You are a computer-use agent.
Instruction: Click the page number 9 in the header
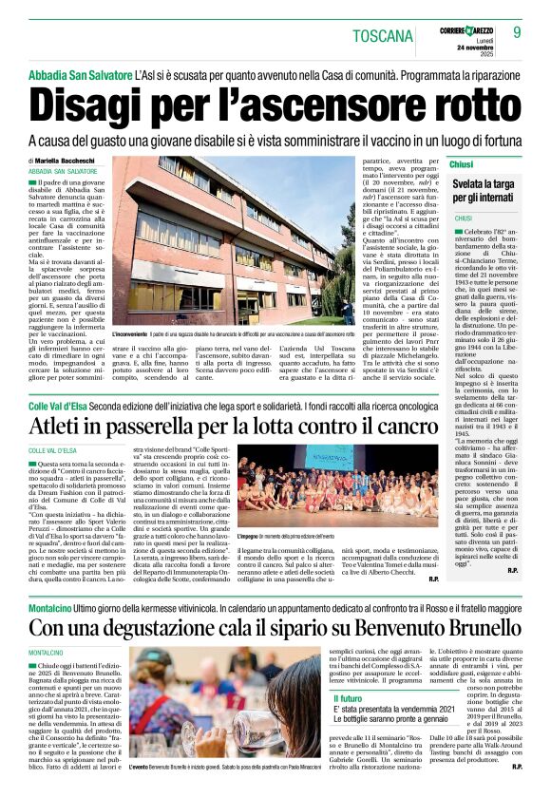click(x=517, y=32)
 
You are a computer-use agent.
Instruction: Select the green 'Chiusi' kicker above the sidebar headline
click(x=463, y=164)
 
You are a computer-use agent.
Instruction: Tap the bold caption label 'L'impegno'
click(x=253, y=537)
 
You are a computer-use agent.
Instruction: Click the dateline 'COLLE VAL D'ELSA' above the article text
click(x=52, y=450)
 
